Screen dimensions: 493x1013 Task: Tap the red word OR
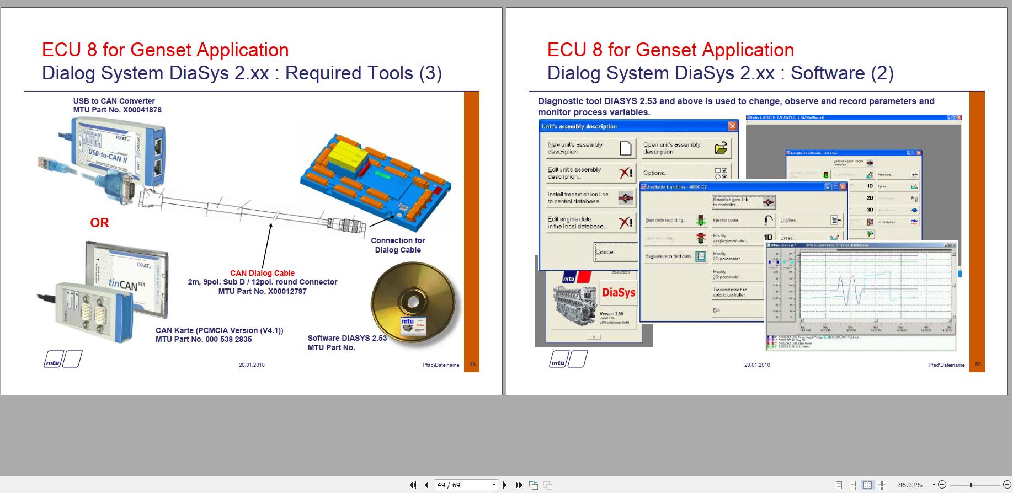point(99,223)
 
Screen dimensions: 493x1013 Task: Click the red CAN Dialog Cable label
point(262,273)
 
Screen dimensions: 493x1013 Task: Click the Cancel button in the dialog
point(615,252)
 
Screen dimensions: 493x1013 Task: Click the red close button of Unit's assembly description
point(732,126)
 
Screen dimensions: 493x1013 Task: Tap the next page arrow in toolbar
point(505,485)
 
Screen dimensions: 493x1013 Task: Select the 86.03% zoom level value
point(910,485)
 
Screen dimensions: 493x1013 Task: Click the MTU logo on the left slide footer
point(63,360)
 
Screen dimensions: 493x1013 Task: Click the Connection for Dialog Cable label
point(398,245)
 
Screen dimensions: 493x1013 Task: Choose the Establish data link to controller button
point(744,202)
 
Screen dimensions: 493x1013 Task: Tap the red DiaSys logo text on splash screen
point(619,292)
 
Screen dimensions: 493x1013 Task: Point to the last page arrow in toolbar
point(519,485)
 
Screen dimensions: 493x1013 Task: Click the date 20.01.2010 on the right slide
point(756,365)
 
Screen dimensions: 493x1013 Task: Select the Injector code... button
point(743,221)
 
